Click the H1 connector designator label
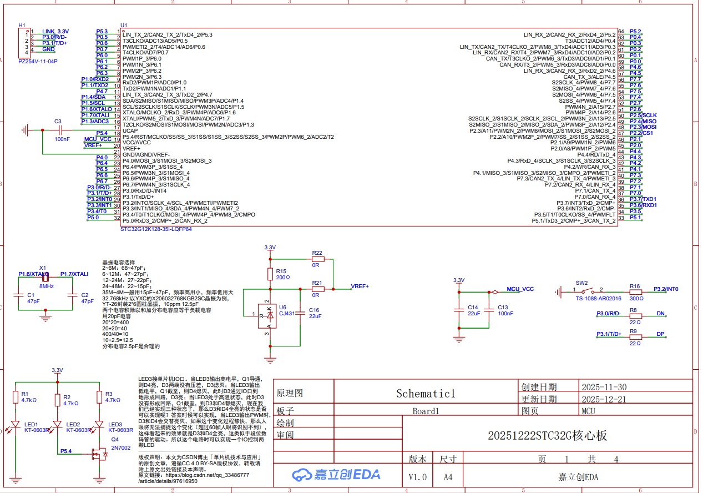tap(22, 26)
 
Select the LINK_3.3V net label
tap(55, 31)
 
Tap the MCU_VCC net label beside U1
tap(97, 139)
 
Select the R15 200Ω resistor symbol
tap(270, 274)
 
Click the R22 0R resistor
tap(317, 259)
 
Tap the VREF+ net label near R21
tap(360, 286)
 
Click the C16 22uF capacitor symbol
tap(300, 314)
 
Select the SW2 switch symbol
tap(582, 291)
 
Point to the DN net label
tap(660, 314)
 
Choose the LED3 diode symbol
tap(99, 425)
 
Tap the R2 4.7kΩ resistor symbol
tap(57, 399)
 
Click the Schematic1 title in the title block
tap(425, 394)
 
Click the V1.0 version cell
tap(418, 477)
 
